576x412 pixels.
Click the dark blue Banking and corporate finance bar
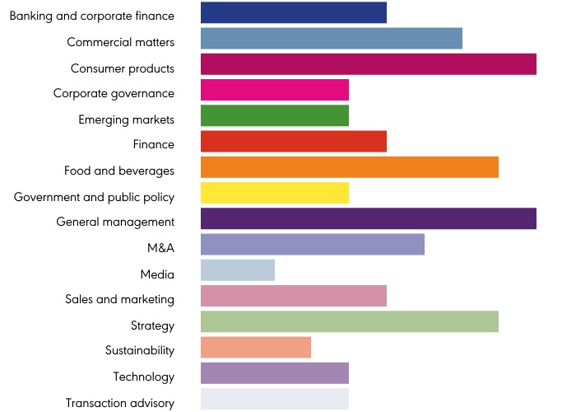(x=294, y=12)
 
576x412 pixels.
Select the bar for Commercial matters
(x=332, y=38)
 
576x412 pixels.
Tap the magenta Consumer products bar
(x=369, y=64)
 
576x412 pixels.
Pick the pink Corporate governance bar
(x=275, y=90)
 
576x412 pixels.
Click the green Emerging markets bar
(x=275, y=115)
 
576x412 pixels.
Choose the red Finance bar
(x=294, y=142)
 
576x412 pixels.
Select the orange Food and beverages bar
(x=350, y=167)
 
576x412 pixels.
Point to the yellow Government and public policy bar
(x=275, y=193)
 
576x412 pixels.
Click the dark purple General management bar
(x=369, y=219)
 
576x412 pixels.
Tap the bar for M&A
(x=313, y=245)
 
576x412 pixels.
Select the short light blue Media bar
(x=238, y=270)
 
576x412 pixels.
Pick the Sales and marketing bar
(x=294, y=296)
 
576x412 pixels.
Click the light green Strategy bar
(x=350, y=321)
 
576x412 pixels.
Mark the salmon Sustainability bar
(x=256, y=348)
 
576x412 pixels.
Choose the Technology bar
(x=275, y=373)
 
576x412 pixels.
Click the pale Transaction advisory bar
(x=275, y=399)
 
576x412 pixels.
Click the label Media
(x=157, y=274)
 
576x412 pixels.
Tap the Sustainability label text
(x=140, y=350)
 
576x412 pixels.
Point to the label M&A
(x=160, y=247)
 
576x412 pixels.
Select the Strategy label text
(x=152, y=325)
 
